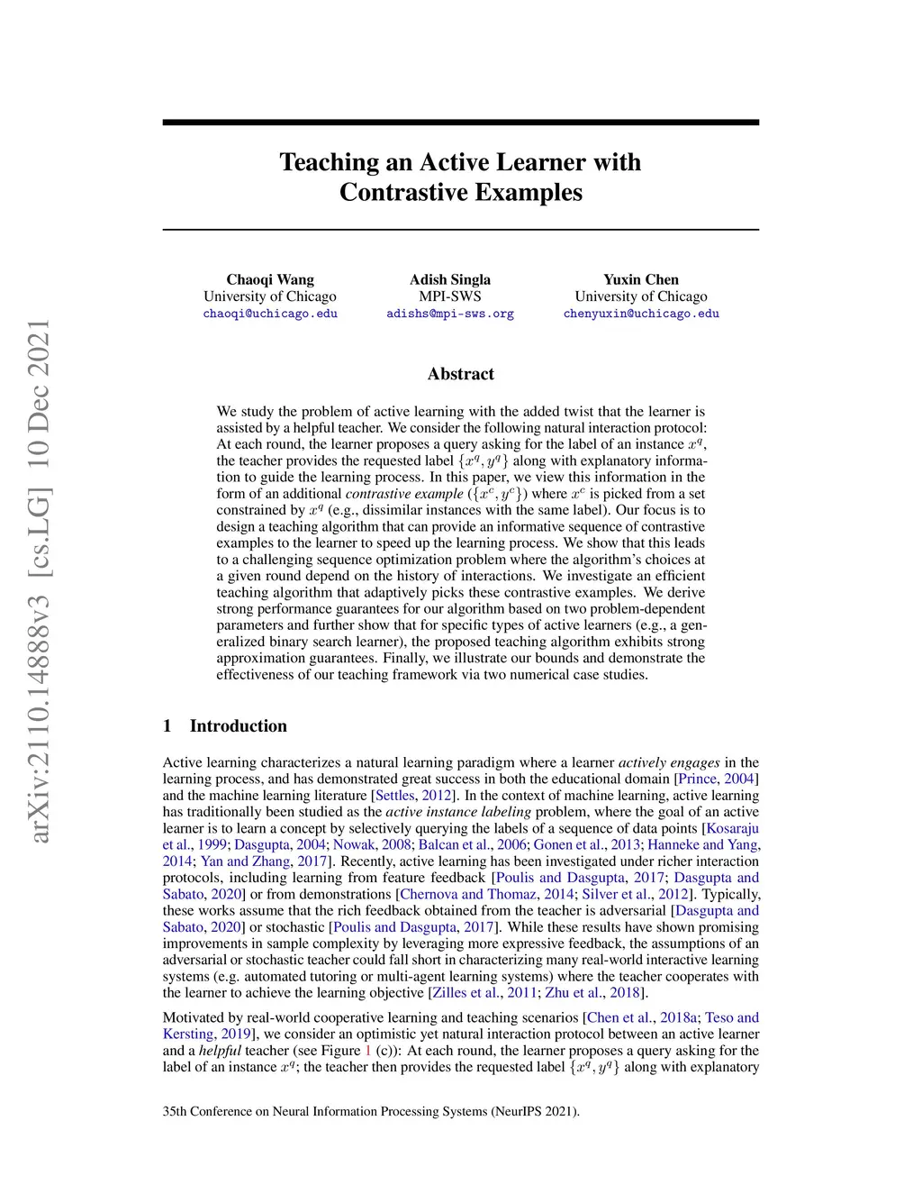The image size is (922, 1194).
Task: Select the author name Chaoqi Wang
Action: click(270, 279)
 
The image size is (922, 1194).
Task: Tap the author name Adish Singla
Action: click(450, 279)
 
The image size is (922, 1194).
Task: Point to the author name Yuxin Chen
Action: click(641, 279)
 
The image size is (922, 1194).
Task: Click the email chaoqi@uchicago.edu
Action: click(270, 314)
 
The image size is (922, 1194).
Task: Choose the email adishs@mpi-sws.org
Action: click(450, 314)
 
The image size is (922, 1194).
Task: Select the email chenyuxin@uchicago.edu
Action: click(641, 314)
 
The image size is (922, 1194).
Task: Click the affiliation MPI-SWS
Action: click(450, 296)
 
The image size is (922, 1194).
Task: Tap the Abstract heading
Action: click(461, 374)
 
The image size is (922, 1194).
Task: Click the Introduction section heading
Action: click(238, 726)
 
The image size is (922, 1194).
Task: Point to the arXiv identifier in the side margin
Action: click(39, 581)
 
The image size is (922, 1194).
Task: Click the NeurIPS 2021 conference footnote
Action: click(371, 1111)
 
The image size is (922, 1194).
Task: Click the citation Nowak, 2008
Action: click(372, 844)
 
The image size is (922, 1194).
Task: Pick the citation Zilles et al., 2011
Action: click(484, 993)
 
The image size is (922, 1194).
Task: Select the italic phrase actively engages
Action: click(669, 762)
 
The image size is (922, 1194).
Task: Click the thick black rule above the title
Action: click(461, 122)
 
